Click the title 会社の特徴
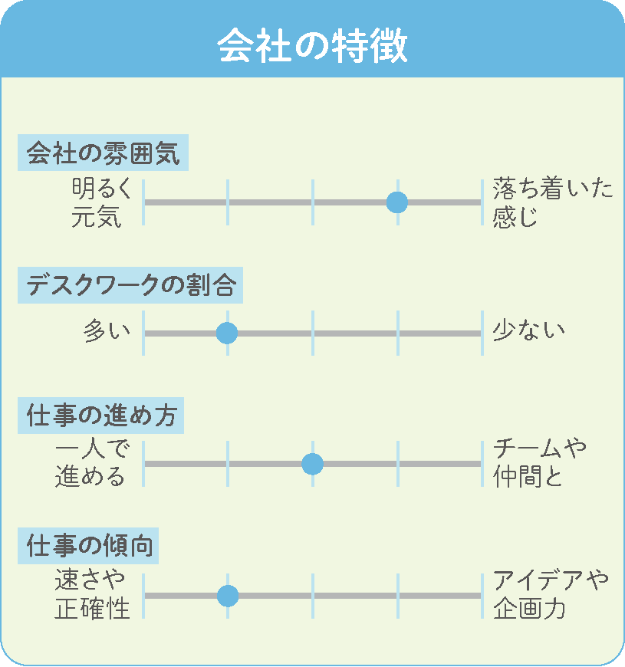pyautogui.click(x=312, y=46)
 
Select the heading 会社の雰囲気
pyautogui.click(x=103, y=153)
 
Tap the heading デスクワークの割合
pyautogui.click(x=130, y=285)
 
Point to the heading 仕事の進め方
pyautogui.click(x=101, y=416)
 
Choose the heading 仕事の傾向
pyautogui.click(x=89, y=546)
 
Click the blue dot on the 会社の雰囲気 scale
pyautogui.click(x=397, y=202)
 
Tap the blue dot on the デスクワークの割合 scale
pyautogui.click(x=227, y=333)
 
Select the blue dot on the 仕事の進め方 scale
pyautogui.click(x=312, y=464)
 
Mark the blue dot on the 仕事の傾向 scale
pyautogui.click(x=228, y=596)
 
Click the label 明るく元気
pyautogui.click(x=101, y=202)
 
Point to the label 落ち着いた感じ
pyautogui.click(x=553, y=202)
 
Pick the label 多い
pyautogui.click(x=107, y=331)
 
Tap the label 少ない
pyautogui.click(x=529, y=331)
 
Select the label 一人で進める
pyautogui.click(x=91, y=463)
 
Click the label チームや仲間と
pyautogui.click(x=539, y=463)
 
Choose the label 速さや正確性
pyautogui.click(x=92, y=594)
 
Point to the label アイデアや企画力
pyautogui.click(x=551, y=594)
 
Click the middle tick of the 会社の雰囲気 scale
pyautogui.click(x=313, y=202)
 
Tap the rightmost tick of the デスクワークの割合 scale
pyautogui.click(x=482, y=333)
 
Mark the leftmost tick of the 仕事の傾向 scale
pyautogui.click(x=143, y=596)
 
